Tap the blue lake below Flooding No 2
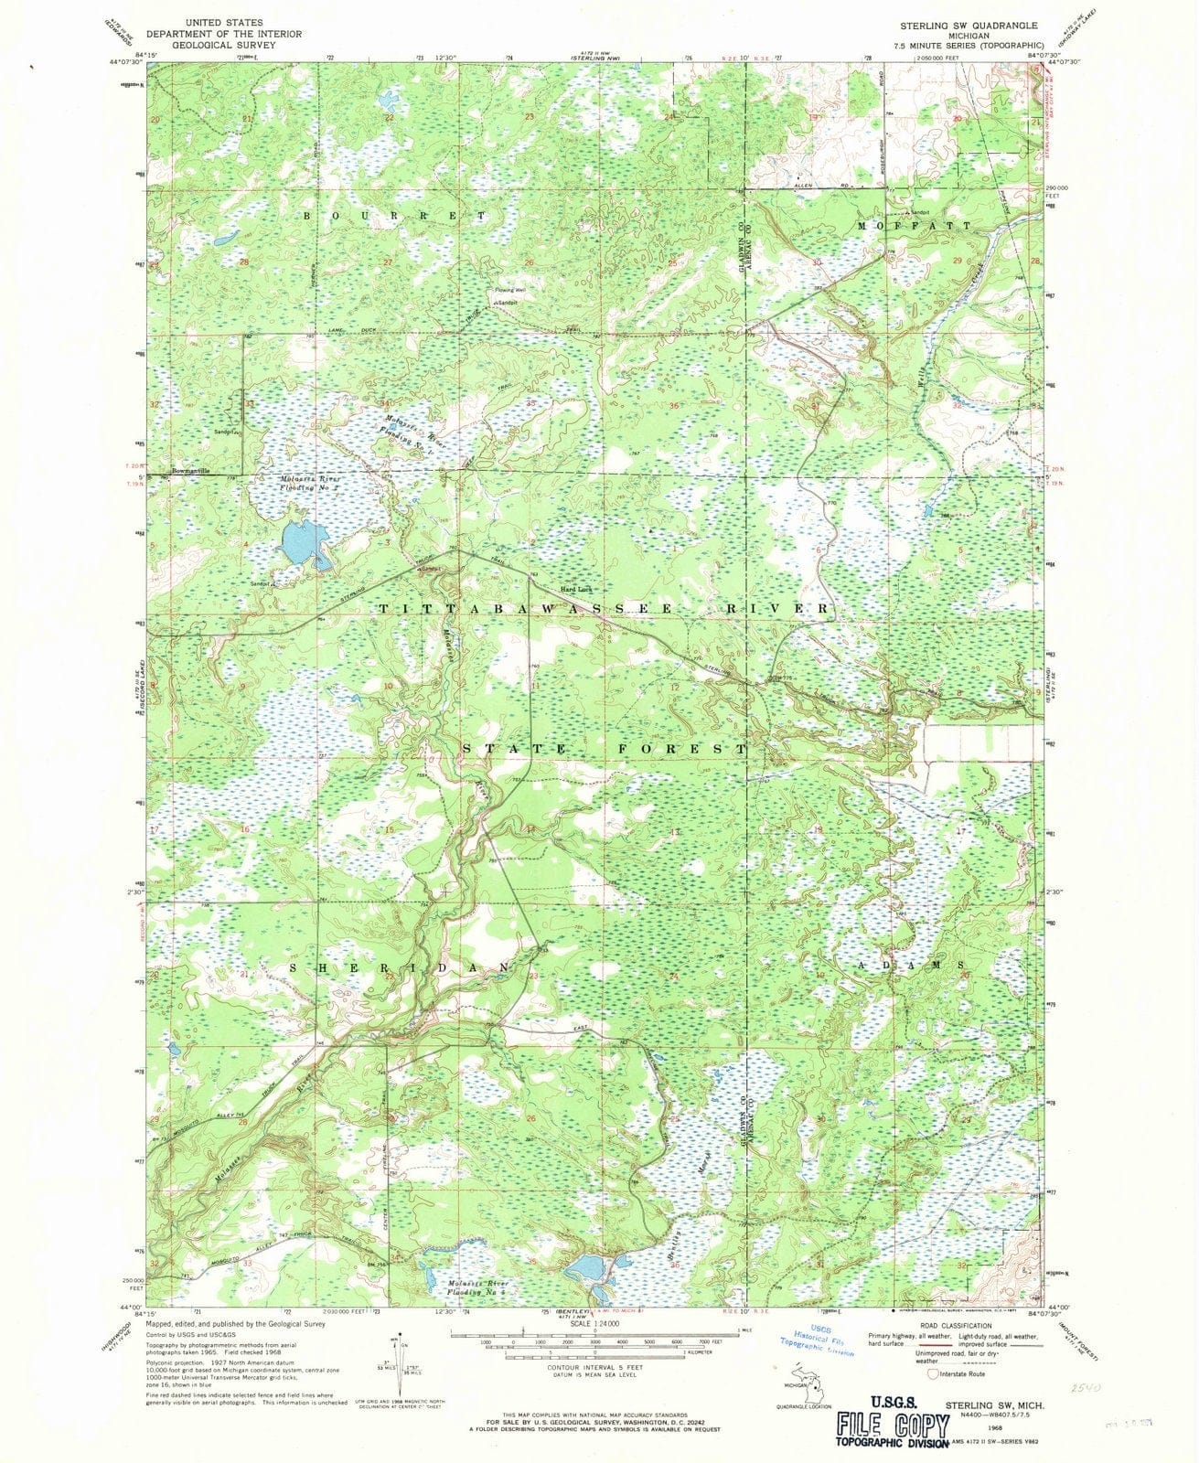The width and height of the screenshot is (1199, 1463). (303, 544)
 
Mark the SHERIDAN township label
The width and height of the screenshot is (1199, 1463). (400, 966)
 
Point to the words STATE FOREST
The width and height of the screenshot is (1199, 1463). (605, 748)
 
